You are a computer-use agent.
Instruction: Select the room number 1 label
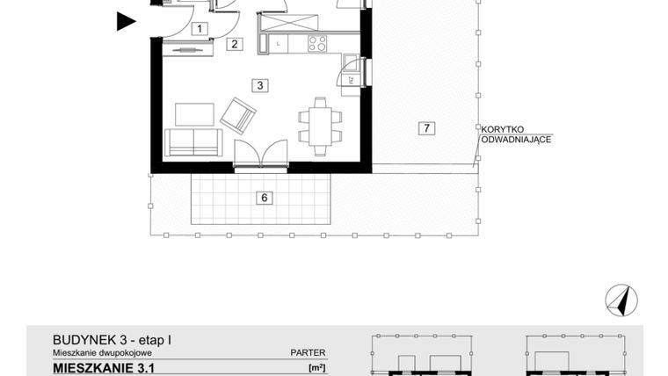pos(200,29)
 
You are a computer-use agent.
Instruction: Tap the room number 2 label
pos(234,43)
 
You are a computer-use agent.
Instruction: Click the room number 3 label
pos(258,85)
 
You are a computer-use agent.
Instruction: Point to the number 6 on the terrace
pos(263,198)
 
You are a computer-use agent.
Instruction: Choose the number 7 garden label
pos(425,129)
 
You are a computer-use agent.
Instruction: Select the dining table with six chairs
pos(317,127)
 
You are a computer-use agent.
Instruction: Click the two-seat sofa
pos(193,143)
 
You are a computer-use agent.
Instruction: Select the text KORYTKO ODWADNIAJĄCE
pos(515,133)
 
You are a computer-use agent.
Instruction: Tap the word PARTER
pos(308,352)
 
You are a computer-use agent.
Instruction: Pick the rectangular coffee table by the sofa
pos(194,114)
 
